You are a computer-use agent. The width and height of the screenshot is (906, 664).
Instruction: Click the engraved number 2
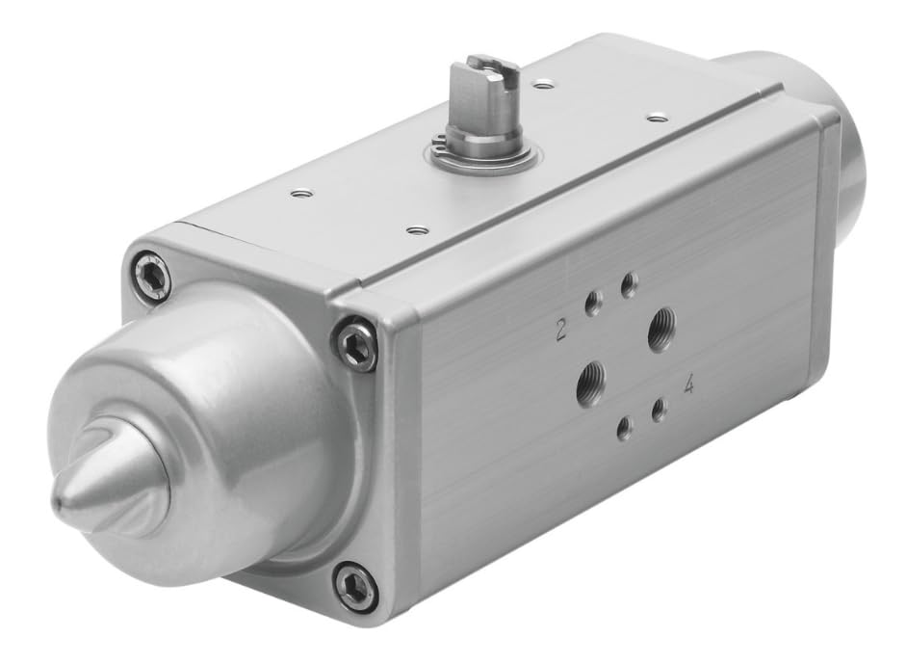(560, 332)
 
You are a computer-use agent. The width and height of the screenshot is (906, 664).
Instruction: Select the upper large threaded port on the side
(660, 330)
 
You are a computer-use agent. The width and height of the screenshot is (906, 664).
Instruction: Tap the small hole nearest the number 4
(660, 411)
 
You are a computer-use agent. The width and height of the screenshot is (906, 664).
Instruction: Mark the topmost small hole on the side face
(629, 284)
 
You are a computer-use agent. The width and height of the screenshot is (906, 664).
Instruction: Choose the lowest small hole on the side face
(625, 428)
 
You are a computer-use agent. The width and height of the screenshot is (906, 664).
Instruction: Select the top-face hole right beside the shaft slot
(544, 85)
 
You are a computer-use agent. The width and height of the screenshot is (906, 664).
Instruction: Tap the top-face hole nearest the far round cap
(657, 118)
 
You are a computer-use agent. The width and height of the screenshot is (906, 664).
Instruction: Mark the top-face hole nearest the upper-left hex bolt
(302, 194)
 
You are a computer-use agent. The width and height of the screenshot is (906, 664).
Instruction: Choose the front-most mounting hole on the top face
(416, 230)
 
